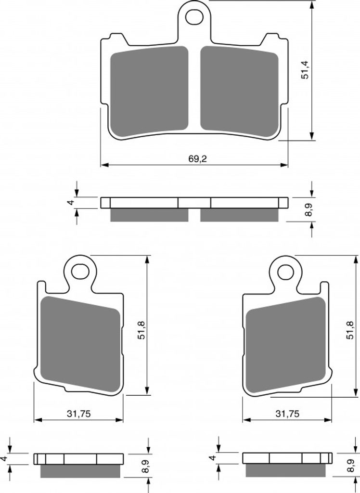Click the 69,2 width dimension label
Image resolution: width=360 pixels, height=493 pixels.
tap(198, 159)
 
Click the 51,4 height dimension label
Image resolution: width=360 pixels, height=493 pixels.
tap(305, 70)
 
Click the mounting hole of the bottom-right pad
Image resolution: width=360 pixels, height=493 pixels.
tap(285, 272)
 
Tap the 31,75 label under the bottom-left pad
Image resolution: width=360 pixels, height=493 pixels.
tap(78, 414)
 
